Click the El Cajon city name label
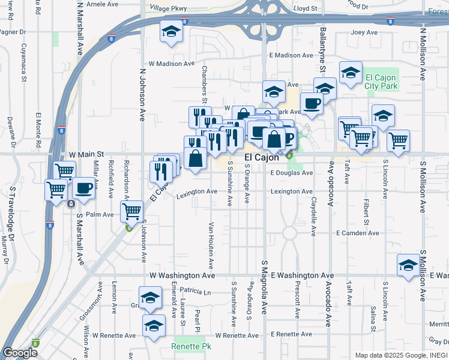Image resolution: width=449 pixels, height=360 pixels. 262,157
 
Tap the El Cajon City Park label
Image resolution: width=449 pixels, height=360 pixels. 381,82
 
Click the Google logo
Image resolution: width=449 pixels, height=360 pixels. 20,353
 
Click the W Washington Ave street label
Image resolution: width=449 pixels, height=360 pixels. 182,275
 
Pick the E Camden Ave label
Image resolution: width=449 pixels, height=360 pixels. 358,233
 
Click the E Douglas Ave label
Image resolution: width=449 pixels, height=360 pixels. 291,173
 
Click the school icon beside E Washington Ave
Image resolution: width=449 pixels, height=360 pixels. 408,265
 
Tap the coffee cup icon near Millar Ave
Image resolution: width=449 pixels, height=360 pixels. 83,188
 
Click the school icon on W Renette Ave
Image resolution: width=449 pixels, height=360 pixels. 154,326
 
